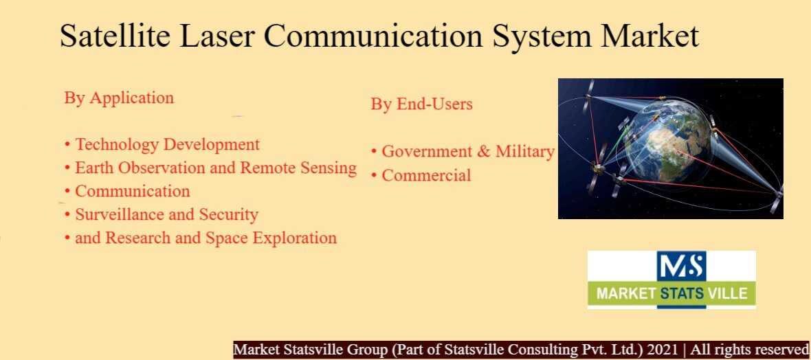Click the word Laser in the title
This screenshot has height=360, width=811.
click(x=217, y=36)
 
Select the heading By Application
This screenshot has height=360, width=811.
click(x=119, y=98)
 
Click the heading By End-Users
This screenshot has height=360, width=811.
click(x=421, y=104)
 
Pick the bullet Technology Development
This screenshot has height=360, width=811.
click(x=162, y=144)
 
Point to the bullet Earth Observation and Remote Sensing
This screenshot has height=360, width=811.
click(x=210, y=168)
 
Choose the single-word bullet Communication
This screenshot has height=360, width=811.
click(x=127, y=191)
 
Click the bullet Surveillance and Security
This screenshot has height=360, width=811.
click(x=162, y=214)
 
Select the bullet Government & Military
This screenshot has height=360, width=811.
click(x=463, y=152)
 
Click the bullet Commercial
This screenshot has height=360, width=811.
click(x=421, y=175)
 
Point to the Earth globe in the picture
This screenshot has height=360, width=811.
click(x=667, y=142)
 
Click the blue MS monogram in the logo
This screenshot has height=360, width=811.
click(x=681, y=267)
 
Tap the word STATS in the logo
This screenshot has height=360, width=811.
click(x=682, y=294)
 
